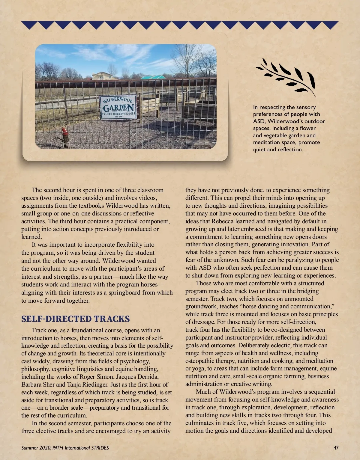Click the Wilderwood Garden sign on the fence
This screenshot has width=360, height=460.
(x=118, y=107)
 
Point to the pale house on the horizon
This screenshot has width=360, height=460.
(x=102, y=76)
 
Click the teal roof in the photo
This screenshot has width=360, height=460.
(x=153, y=77)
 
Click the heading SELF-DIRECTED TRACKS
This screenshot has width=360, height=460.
(x=75, y=319)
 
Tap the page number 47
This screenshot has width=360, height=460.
(x=336, y=448)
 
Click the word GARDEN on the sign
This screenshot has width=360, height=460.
(x=118, y=107)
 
